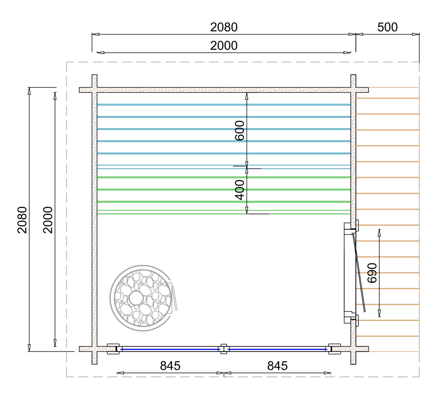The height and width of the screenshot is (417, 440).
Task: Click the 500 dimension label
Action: click(x=387, y=27)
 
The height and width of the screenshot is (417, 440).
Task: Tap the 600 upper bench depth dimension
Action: click(x=240, y=130)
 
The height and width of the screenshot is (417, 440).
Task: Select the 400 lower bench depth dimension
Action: click(x=240, y=190)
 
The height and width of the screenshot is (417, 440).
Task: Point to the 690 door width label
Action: click(x=372, y=273)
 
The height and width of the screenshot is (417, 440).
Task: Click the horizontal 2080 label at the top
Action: click(x=224, y=27)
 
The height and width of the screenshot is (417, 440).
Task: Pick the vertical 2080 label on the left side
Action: click(x=22, y=220)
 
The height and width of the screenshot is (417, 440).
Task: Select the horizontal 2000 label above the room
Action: click(x=224, y=46)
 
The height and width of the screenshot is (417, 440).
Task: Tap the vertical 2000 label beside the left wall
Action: click(x=48, y=220)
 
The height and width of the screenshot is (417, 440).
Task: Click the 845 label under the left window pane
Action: click(x=170, y=366)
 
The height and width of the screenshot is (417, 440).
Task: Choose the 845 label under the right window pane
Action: click(x=277, y=366)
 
